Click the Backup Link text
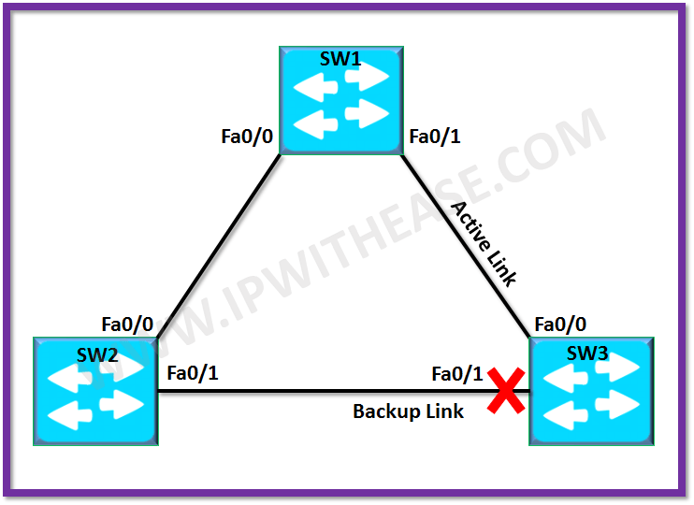click(x=408, y=411)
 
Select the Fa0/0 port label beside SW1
click(x=247, y=137)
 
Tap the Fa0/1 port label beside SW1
click(x=435, y=137)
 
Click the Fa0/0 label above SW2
click(x=127, y=325)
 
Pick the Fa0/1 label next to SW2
click(x=193, y=373)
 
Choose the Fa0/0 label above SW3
click(x=560, y=325)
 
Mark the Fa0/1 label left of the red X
click(x=457, y=374)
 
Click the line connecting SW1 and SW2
click(x=220, y=246)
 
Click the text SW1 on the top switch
click(x=340, y=59)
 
